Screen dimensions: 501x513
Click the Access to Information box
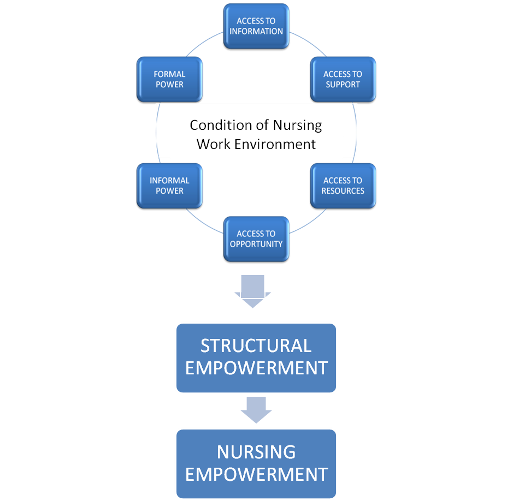click(256, 26)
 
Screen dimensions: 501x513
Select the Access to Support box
click(343, 79)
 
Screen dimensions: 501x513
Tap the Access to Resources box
click(343, 186)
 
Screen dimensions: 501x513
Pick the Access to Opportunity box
click(256, 239)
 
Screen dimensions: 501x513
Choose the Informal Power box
click(169, 186)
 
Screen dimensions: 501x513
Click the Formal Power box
click(169, 79)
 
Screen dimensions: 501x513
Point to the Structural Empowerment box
click(256, 357)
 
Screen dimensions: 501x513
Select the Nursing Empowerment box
click(256, 463)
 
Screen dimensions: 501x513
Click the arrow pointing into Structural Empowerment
click(252, 291)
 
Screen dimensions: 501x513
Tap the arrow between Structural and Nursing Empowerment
click(256, 409)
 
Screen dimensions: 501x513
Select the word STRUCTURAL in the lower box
click(256, 346)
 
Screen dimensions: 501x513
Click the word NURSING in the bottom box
click(256, 452)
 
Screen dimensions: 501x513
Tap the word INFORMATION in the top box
click(256, 32)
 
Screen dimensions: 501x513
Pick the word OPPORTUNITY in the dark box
click(256, 244)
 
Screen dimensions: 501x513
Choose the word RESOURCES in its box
click(343, 191)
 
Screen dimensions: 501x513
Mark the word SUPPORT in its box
click(343, 85)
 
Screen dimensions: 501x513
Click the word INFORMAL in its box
click(169, 181)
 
